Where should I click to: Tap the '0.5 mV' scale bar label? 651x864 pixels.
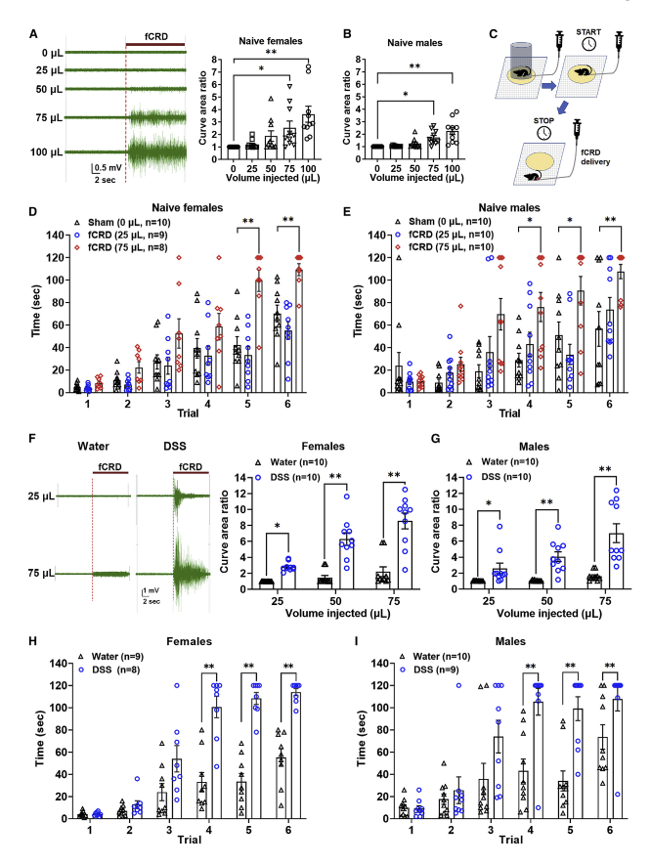click(x=107, y=168)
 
